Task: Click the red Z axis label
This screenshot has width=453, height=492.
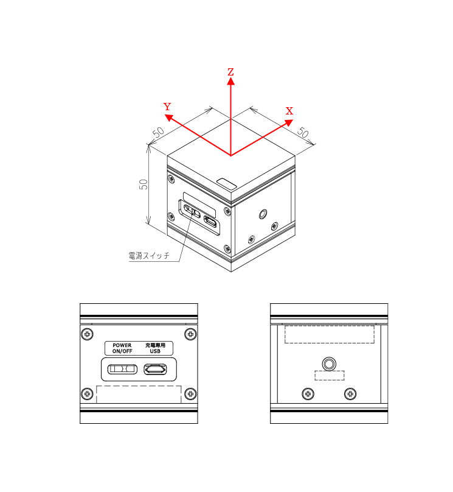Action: pos(230,72)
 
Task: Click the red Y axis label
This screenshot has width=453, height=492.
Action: pos(167,107)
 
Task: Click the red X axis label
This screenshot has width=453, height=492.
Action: pos(289,111)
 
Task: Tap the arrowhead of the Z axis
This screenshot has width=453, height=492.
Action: pos(231,81)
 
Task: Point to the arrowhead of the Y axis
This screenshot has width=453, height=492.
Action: pos(169,118)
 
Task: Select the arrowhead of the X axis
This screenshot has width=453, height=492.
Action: pos(289,122)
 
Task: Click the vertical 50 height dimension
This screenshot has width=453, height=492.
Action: pos(143,184)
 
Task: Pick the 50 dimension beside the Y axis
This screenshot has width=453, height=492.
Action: pos(158,132)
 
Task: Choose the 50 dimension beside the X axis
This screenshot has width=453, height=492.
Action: pos(303,132)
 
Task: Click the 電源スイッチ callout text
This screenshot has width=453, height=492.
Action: pos(149,256)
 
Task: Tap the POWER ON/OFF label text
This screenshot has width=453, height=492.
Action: pos(122,348)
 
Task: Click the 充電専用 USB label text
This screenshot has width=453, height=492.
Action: pos(155,348)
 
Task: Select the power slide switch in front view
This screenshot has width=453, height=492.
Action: pos(122,369)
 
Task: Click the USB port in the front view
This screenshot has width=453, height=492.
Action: pos(155,369)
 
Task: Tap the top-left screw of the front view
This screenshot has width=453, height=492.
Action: pos(87,334)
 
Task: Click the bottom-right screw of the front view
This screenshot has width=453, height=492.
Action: pos(190,393)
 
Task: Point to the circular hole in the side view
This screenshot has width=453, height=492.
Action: pos(329,364)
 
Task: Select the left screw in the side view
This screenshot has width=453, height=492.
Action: pos(308,394)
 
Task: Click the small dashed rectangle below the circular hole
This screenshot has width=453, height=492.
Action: pos(329,375)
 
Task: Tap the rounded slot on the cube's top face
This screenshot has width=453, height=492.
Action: pos(226,184)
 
